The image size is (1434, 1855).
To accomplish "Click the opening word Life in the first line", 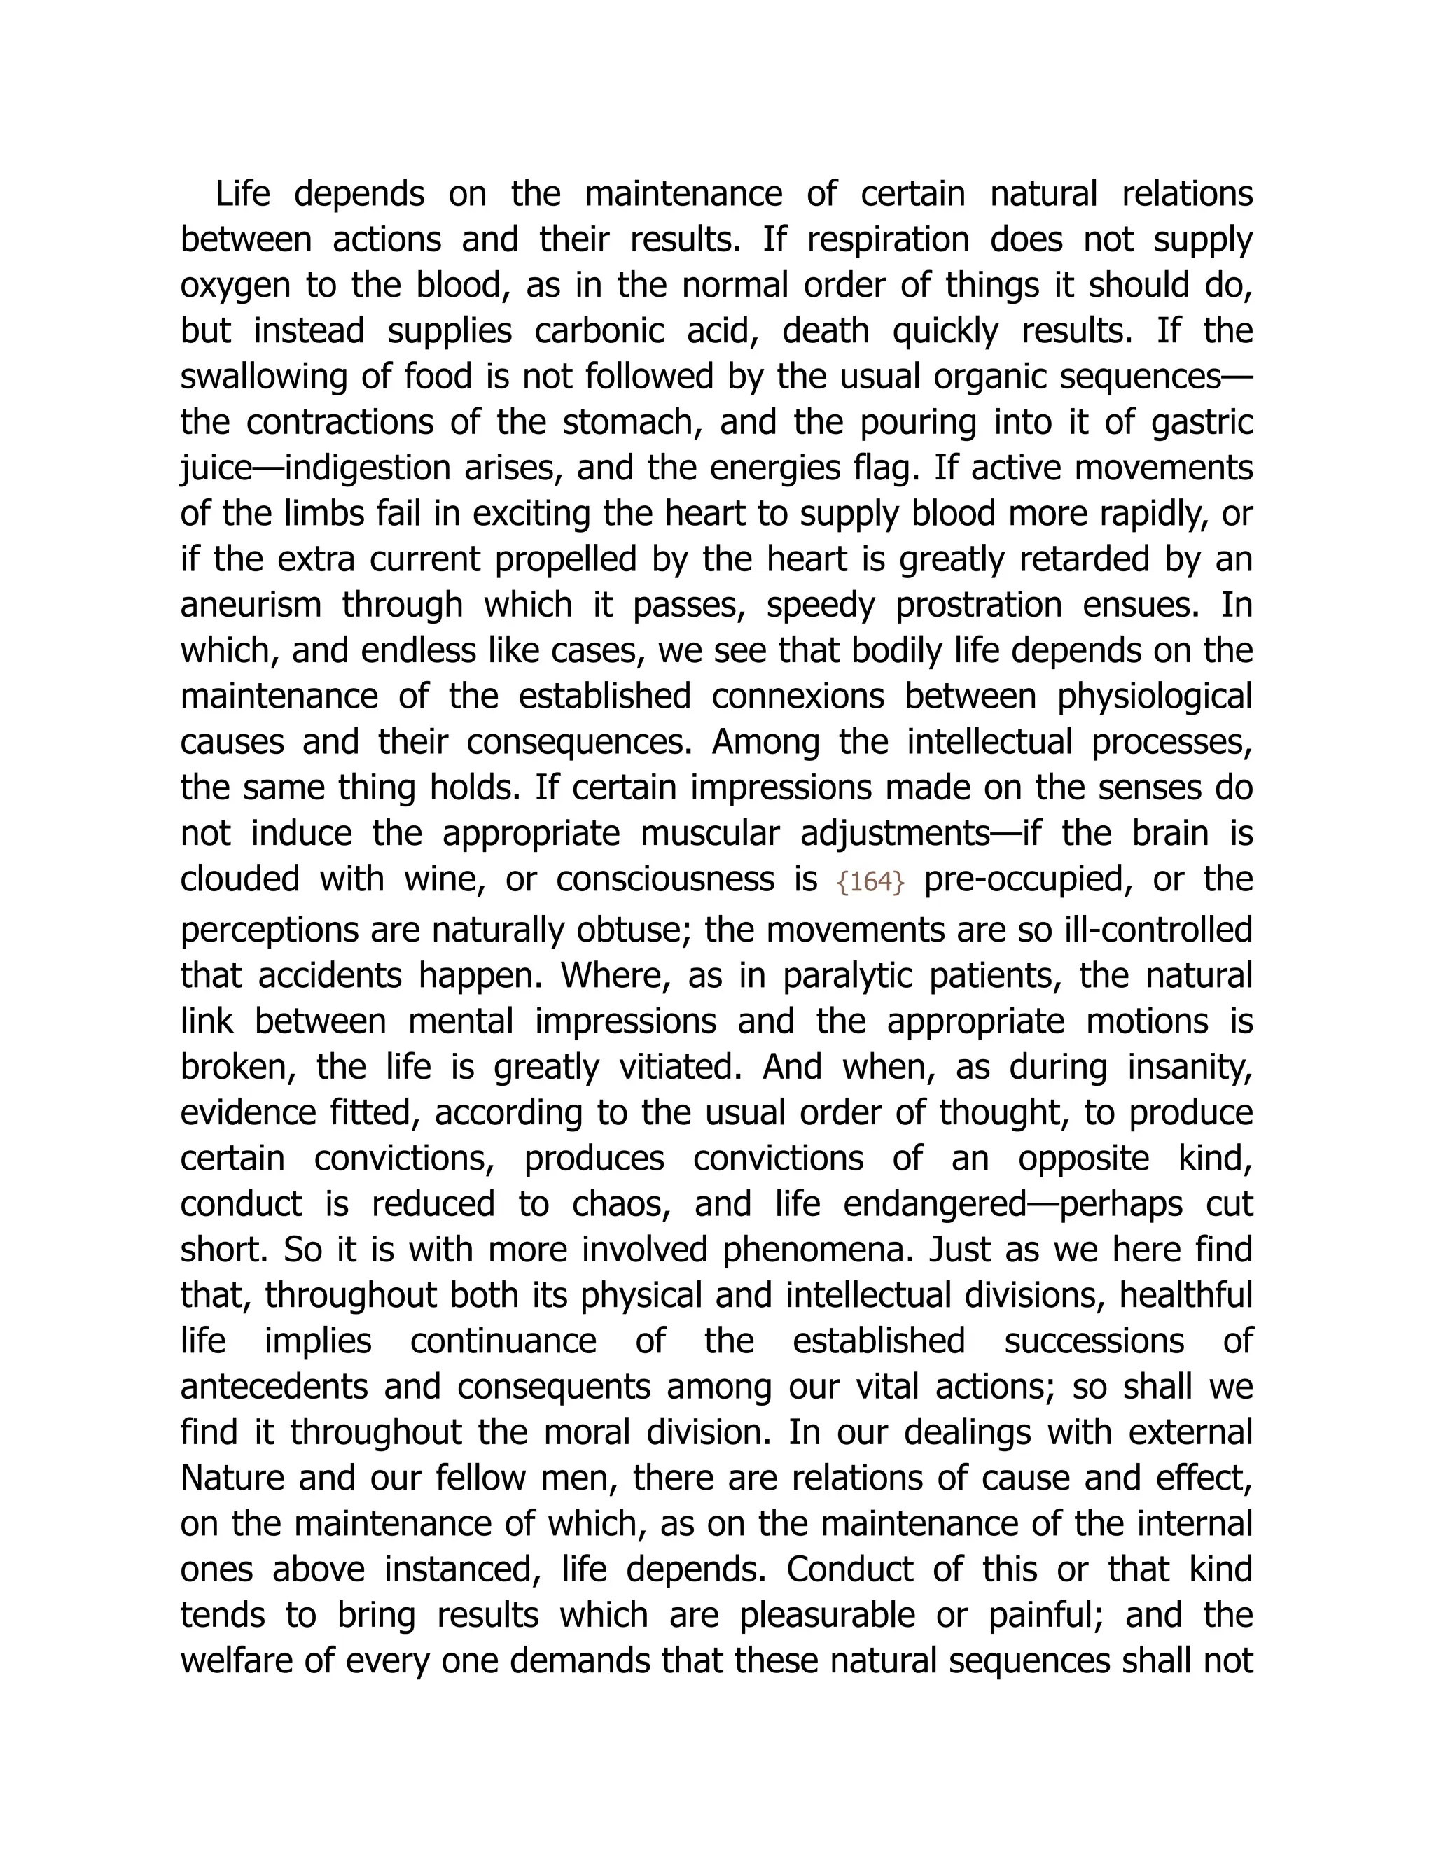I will coord(242,194).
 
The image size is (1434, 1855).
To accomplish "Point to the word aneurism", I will coord(251,605).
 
